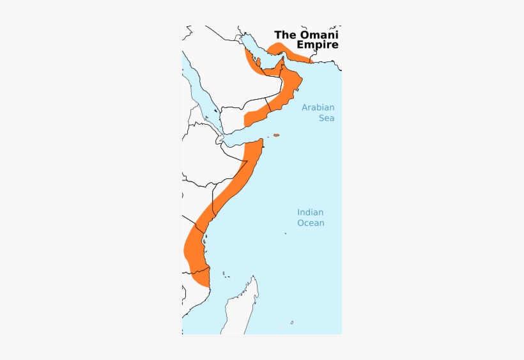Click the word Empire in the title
(x=317, y=45)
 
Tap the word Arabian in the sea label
(x=318, y=107)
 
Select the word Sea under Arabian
(x=327, y=118)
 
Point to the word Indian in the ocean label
(x=310, y=212)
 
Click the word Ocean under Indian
(x=310, y=223)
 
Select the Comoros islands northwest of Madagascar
(x=225, y=275)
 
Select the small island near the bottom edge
(x=291, y=322)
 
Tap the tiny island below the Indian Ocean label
(x=286, y=233)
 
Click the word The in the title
(x=285, y=35)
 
